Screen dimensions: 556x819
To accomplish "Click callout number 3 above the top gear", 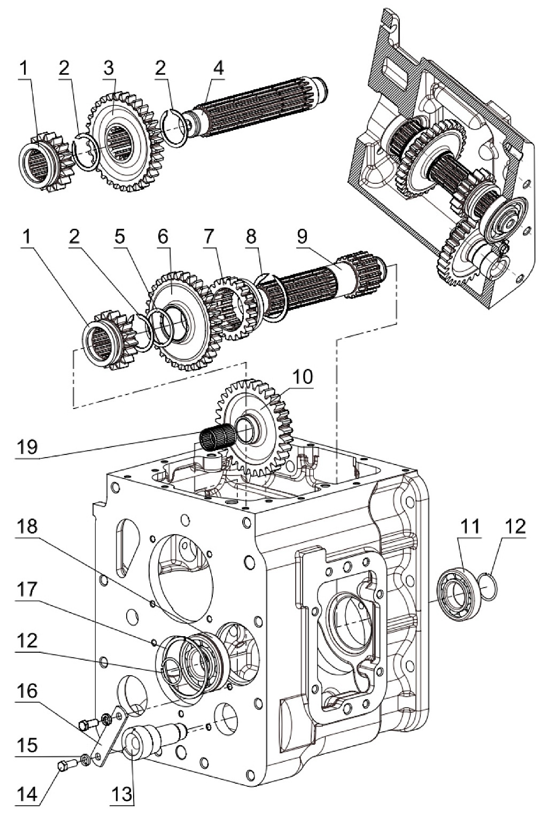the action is coord(109,69).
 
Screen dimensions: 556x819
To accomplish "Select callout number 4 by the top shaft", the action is coord(218,69).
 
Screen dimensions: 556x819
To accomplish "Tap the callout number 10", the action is coord(302,377).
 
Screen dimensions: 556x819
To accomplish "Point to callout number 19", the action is coord(27,447).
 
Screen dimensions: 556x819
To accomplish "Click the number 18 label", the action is coord(27,527).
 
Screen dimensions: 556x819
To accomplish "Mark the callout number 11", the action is coord(470,528).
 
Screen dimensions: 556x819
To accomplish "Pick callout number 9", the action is coord(302,237).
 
